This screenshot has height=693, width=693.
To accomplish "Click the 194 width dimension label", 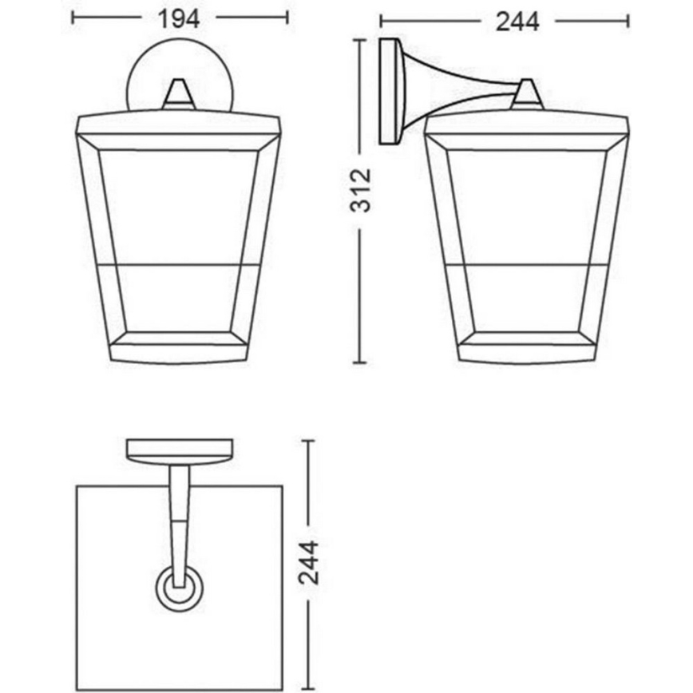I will [x=179, y=18].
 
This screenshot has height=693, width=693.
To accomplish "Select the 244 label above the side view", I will [x=517, y=22].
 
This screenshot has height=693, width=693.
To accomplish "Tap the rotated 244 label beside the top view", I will [x=309, y=562].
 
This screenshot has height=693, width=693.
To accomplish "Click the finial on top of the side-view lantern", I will [x=526, y=94].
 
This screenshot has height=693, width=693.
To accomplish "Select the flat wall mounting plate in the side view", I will [x=390, y=92].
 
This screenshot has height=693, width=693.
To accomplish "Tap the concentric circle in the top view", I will [x=178, y=589].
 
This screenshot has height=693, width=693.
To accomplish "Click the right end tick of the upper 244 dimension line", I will [x=628, y=22].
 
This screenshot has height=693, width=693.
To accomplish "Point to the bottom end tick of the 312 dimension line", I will [x=362, y=361].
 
